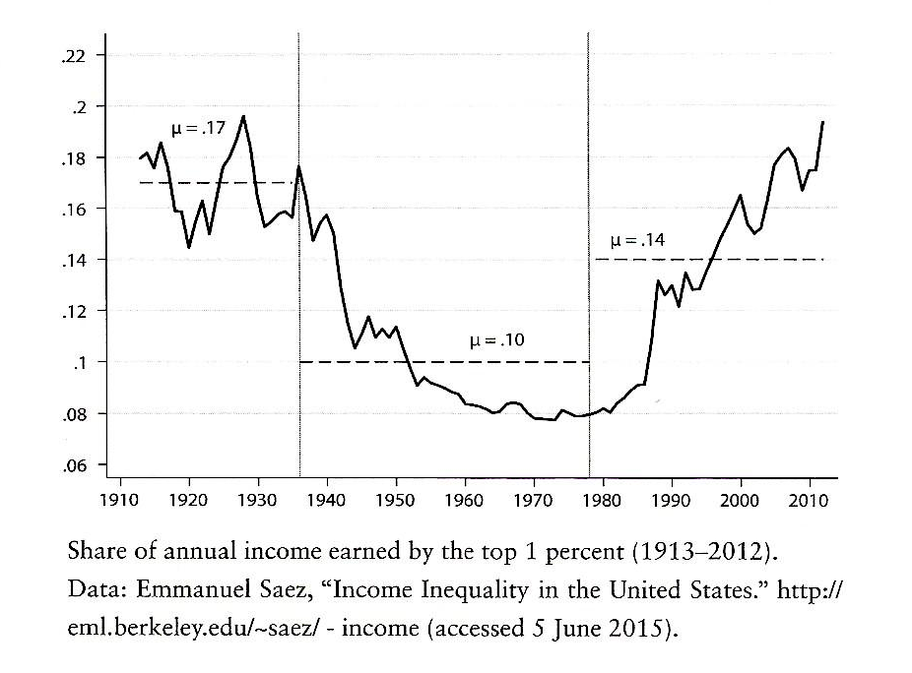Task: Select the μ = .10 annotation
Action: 497,340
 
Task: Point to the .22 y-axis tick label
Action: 74,55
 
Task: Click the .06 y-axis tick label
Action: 74,465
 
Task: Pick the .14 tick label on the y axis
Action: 74,261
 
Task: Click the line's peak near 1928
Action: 243,116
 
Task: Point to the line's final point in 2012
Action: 822,122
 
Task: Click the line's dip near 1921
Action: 189,246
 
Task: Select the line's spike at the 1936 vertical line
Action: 298,166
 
